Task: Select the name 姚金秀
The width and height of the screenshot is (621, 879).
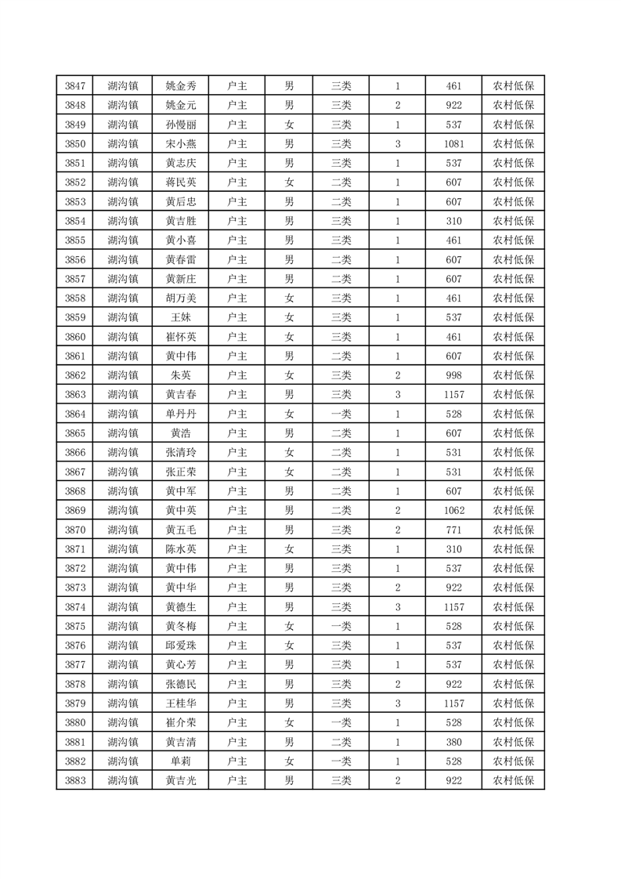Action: [181, 86]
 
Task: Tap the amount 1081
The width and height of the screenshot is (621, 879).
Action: [453, 144]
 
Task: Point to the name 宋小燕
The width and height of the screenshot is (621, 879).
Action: [181, 144]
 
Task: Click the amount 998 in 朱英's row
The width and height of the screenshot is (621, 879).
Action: [453, 375]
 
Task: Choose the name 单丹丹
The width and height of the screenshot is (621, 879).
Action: [181, 414]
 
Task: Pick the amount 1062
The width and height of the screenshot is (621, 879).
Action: [453, 510]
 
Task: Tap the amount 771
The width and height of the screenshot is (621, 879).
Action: [453, 530]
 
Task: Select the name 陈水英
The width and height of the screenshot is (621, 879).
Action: [181, 548]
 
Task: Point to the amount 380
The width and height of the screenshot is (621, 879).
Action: [453, 741]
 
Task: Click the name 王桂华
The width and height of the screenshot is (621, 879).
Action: [181, 703]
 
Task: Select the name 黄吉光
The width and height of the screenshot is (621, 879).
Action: [181, 780]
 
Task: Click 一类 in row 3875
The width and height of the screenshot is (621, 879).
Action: [341, 626]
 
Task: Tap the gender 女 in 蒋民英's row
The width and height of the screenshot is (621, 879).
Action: [289, 183]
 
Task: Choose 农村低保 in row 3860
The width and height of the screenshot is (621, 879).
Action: [513, 337]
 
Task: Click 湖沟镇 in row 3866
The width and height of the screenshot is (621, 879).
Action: [123, 452]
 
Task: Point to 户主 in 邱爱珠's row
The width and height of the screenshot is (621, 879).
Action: [236, 645]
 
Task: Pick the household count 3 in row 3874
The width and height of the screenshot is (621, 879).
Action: [398, 606]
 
